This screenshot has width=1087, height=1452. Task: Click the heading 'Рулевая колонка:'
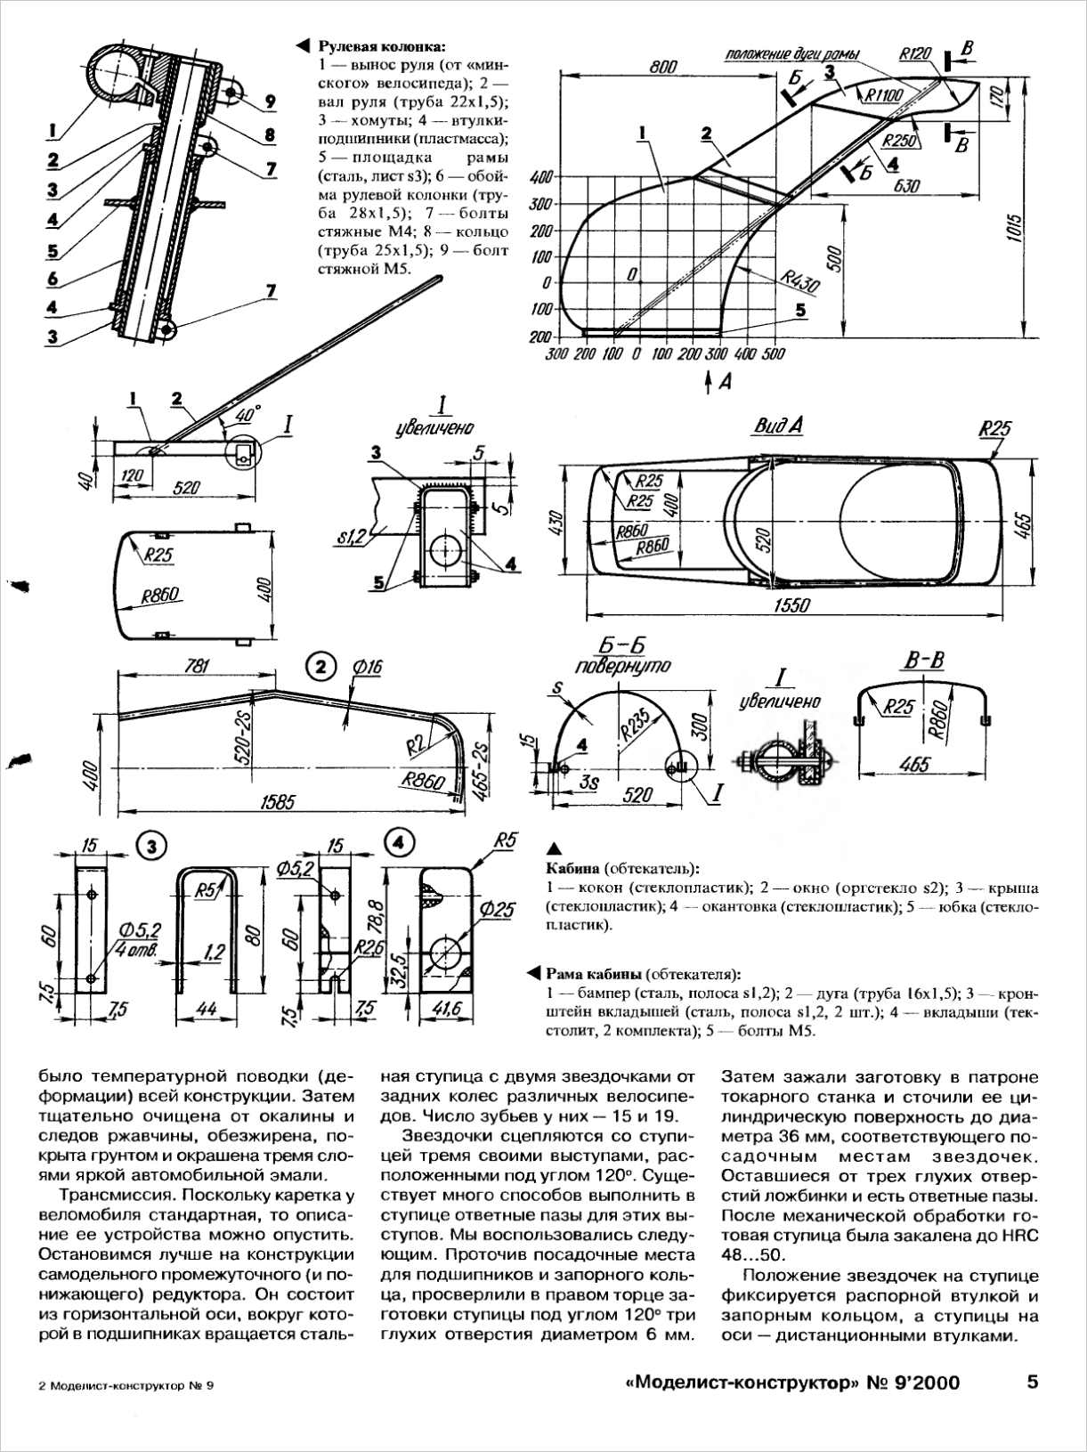[382, 47]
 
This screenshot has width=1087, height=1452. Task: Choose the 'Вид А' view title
[778, 426]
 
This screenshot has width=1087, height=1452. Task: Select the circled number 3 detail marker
[152, 847]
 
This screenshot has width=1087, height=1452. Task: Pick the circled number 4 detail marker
[399, 844]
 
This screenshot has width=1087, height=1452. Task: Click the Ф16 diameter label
[368, 668]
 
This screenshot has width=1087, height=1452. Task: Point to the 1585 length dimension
[277, 802]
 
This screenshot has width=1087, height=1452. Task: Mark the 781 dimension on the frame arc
[197, 666]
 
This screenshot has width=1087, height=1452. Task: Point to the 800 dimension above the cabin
[663, 67]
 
